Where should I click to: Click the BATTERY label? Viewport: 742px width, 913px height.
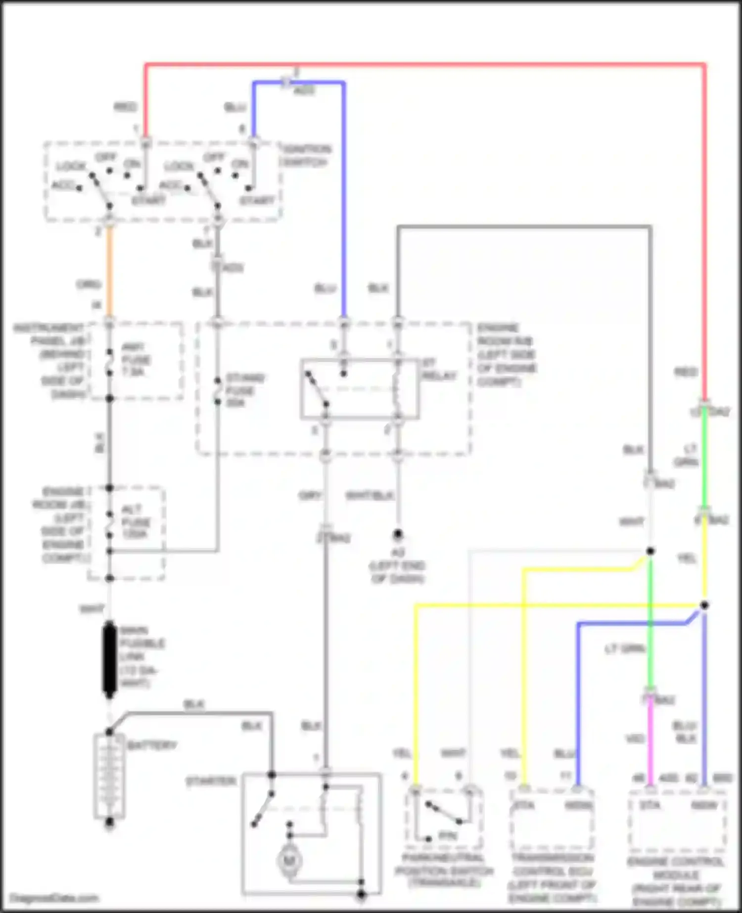152,745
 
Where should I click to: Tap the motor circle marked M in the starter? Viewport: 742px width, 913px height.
288,861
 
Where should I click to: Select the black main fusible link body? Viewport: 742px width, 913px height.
109,659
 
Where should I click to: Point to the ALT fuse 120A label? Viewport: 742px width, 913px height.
136,522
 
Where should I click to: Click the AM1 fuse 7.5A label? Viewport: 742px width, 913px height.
136,360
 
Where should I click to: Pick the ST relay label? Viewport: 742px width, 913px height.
439,369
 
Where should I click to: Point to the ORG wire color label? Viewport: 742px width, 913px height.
89,285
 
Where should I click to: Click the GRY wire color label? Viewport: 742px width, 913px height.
310,496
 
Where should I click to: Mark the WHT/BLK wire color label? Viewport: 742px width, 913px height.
369,496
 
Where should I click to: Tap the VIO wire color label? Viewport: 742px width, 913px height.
635,739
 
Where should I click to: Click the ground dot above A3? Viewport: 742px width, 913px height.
398,534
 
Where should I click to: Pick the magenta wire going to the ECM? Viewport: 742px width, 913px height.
650,742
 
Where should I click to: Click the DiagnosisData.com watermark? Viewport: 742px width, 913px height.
54,898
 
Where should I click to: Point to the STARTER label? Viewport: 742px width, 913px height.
211,781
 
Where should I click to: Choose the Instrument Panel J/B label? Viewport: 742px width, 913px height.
49,361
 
